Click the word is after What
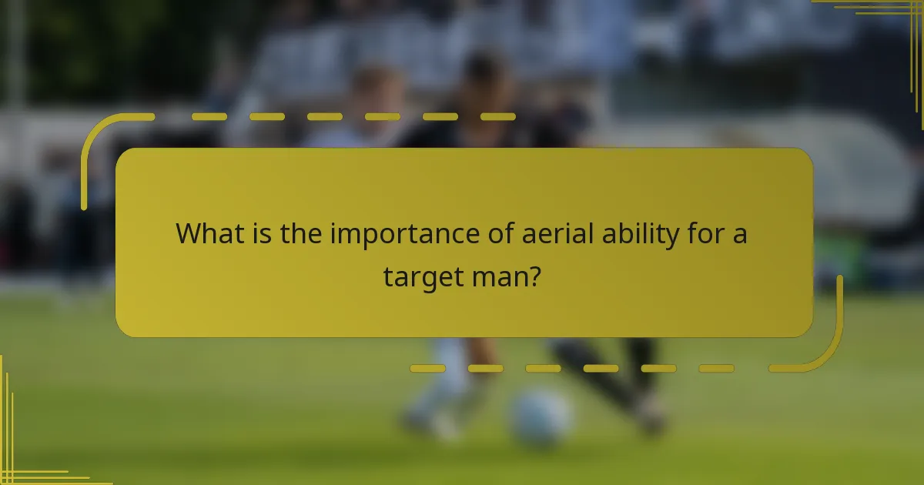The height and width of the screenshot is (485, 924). point(262,233)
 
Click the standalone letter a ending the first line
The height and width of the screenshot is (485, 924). point(738,235)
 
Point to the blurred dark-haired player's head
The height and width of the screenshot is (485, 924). point(484,73)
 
